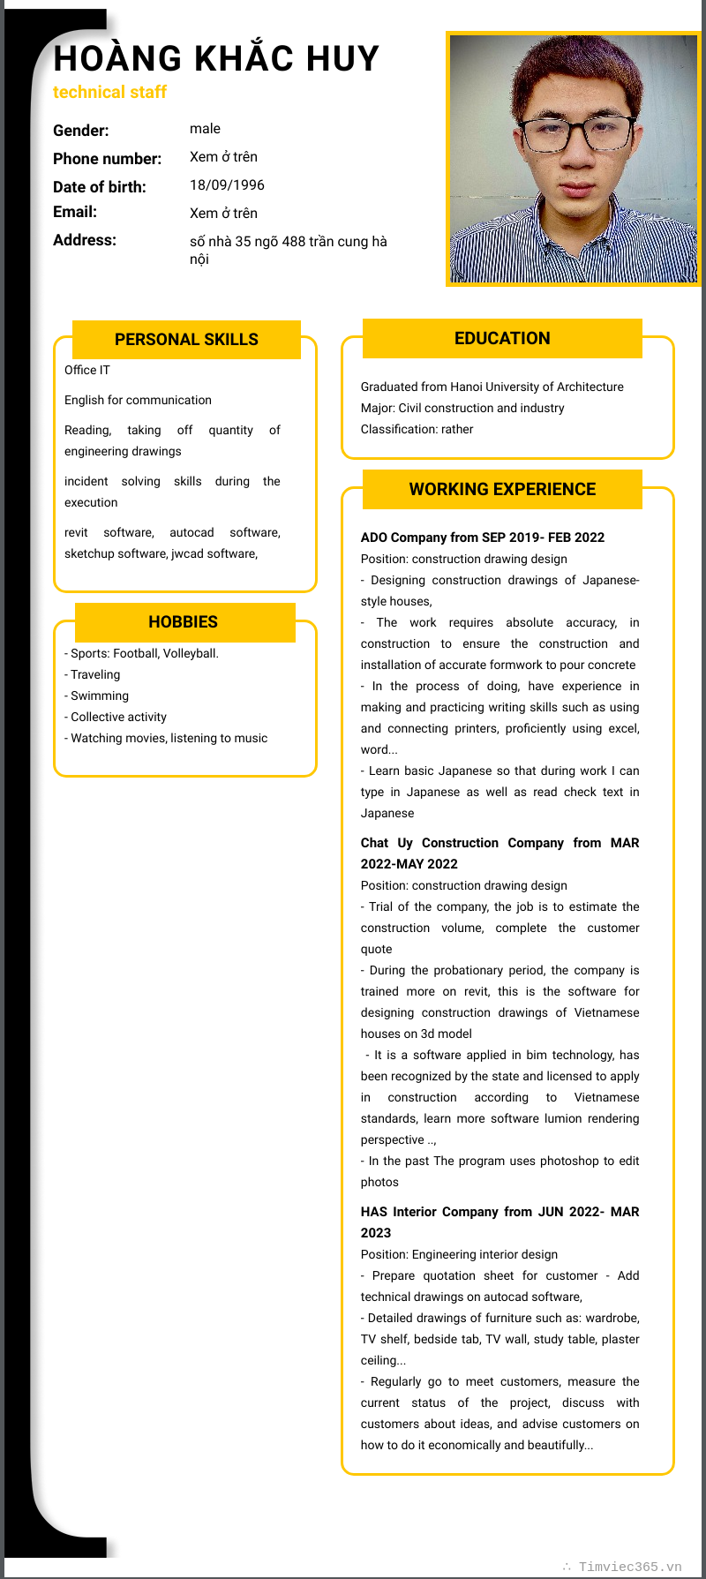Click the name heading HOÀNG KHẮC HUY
(216, 59)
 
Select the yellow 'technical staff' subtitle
(109, 93)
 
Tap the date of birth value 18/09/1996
(227, 185)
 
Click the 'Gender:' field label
(81, 131)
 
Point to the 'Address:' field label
(85, 240)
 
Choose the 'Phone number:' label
(107, 159)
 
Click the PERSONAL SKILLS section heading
(186, 340)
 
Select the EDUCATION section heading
(502, 339)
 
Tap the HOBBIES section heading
(184, 622)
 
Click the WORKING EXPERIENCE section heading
(502, 490)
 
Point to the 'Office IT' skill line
(87, 371)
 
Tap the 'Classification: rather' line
(417, 430)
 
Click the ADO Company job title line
(483, 538)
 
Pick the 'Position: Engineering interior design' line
(459, 1255)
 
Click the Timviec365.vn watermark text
(629, 1567)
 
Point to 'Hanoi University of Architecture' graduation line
(492, 387)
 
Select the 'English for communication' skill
(138, 401)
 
